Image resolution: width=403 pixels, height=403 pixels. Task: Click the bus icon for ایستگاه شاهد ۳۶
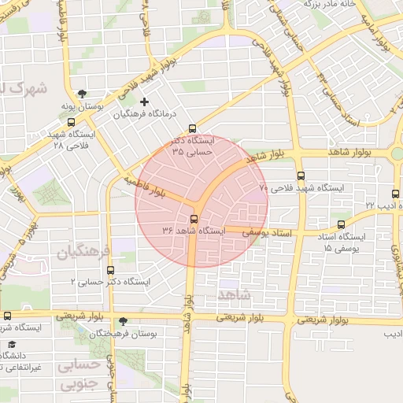[x=194, y=219]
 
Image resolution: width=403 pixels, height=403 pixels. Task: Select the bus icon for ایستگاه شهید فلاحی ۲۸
[x=72, y=122]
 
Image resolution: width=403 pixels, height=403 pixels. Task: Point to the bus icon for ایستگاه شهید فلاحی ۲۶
[x=301, y=176]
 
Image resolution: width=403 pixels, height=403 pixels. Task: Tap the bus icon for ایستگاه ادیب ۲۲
[x=395, y=193]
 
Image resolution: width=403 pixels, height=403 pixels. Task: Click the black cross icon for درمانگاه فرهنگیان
[x=143, y=102]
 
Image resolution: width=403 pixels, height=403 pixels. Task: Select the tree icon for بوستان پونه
[x=83, y=94]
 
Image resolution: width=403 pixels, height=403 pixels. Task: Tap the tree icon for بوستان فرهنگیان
[x=122, y=321]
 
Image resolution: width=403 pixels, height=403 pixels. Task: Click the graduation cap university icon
[x=11, y=345]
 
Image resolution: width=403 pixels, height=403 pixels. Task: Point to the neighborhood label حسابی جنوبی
[x=81, y=375]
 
